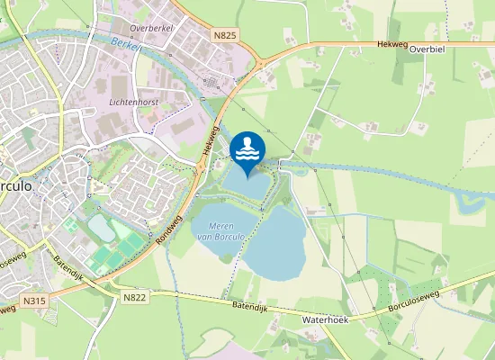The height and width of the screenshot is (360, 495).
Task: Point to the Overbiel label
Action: coord(427,50)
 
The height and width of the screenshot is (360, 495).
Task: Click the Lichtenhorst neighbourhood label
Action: coord(133,103)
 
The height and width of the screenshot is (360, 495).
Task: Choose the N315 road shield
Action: coord(34,301)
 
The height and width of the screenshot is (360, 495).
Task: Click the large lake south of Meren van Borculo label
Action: coord(274,243)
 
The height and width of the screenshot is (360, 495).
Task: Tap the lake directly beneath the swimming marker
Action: coord(245,184)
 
